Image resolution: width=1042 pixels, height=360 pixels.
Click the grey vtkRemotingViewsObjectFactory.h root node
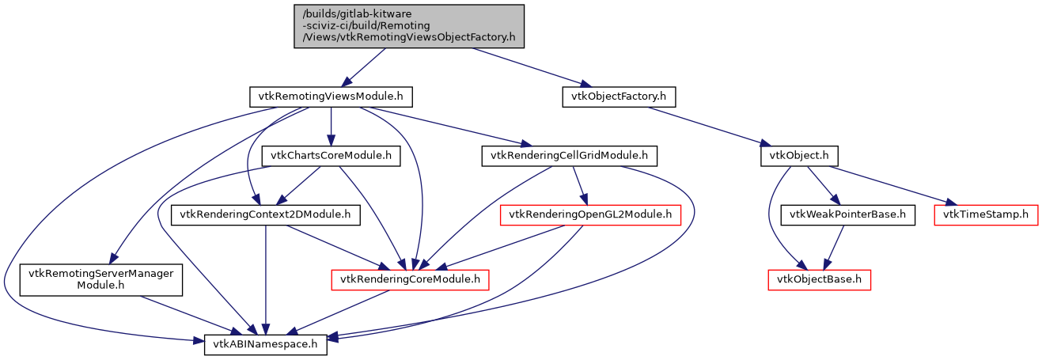click(409, 26)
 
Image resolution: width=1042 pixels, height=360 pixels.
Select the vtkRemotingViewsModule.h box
click(332, 97)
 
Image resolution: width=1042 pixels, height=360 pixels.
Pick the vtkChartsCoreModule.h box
click(332, 156)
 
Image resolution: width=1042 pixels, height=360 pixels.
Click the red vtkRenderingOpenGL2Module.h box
click(590, 214)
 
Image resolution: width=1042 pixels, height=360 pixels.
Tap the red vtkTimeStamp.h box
click(986, 214)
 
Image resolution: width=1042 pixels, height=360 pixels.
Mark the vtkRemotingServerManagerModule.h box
click(100, 279)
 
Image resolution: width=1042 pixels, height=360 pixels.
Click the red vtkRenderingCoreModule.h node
click(410, 279)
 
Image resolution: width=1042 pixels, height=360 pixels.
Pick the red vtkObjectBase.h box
click(819, 279)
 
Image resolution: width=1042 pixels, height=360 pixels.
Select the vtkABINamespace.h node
click(266, 345)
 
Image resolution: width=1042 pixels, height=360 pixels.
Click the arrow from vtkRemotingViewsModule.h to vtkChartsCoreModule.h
click(332, 127)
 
